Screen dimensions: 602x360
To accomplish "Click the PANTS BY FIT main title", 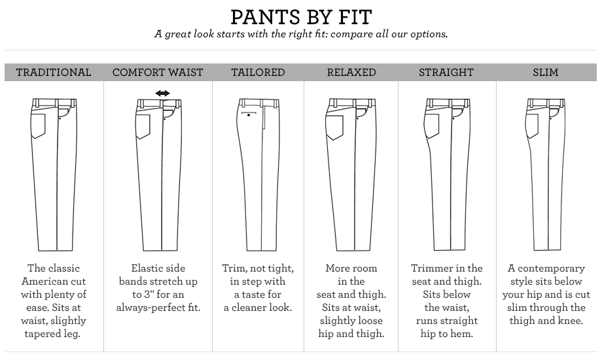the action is coord(302,17).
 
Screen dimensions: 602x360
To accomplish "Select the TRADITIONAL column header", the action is coord(54,72).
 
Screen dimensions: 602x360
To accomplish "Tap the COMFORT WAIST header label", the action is coord(158,72).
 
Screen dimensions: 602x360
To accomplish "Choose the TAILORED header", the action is coord(258,72).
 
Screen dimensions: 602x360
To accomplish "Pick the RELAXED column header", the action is coord(351,72).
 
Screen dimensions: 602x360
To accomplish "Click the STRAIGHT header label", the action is coord(446,72).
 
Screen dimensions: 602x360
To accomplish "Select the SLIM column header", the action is coord(546,72).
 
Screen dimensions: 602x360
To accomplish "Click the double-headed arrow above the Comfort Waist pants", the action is coord(162,93).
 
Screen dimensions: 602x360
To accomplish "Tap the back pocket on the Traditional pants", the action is coord(39,126).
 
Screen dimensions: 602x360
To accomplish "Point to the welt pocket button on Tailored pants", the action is coord(249,115).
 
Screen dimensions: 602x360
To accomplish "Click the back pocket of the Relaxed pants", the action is coord(334,128).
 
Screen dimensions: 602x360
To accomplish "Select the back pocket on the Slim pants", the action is coord(532,126).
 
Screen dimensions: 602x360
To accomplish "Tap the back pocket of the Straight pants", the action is coord(432,126).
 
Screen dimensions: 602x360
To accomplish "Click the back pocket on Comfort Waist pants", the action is coord(143,127).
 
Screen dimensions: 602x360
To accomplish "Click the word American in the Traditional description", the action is coord(54,281).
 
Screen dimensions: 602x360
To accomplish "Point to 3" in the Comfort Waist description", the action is coord(149,295).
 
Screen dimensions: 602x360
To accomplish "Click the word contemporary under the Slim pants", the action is coord(552,268).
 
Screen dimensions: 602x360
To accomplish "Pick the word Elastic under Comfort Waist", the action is coord(145,268).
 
